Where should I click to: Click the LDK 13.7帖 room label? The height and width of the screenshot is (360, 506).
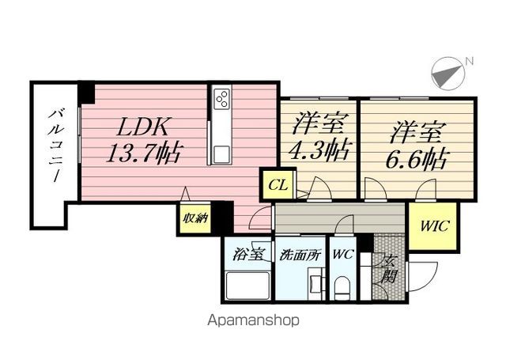[144, 140]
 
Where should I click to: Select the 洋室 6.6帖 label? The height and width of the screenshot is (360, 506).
[417, 146]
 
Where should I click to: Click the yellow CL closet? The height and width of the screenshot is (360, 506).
[278, 185]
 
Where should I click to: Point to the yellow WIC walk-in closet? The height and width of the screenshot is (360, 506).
[434, 226]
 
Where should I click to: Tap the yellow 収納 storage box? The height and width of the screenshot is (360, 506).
[195, 218]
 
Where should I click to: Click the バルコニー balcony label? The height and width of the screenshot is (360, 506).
[55, 146]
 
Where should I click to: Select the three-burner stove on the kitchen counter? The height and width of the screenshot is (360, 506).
[222, 97]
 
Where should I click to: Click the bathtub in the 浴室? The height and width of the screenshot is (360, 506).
[247, 286]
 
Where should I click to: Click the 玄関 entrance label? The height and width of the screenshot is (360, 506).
[389, 269]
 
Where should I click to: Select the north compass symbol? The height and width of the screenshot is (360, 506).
[448, 74]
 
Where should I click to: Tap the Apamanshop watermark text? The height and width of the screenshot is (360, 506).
[253, 320]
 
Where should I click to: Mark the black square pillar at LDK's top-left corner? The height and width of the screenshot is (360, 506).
[87, 93]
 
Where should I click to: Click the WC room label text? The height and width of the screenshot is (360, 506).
[343, 255]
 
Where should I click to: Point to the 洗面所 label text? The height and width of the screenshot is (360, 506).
[300, 256]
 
